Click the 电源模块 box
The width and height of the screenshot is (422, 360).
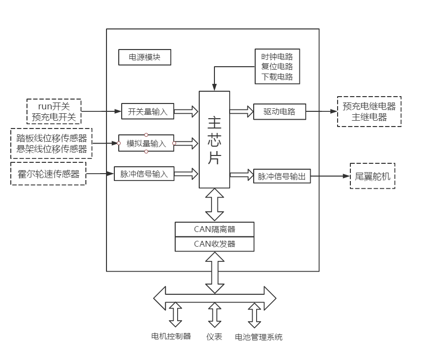point(144,57)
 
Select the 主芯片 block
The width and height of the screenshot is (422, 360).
point(214,139)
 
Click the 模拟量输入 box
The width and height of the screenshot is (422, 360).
point(146,143)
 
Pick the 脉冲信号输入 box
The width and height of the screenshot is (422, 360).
point(144,174)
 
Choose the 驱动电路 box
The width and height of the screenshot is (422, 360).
point(280,111)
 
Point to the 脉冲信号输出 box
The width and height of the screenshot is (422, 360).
point(282,177)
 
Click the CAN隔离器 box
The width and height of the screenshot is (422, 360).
point(214,229)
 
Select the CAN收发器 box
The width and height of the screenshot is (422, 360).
point(214,244)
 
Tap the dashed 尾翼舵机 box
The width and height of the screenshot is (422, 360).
point(372,176)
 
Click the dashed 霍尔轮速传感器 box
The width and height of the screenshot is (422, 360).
point(48,173)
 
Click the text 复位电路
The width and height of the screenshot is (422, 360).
point(277,66)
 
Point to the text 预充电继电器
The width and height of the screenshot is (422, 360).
point(369,106)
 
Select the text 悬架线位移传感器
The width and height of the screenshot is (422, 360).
point(52,149)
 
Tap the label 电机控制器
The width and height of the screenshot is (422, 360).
point(171,336)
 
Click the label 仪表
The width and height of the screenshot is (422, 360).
point(214,336)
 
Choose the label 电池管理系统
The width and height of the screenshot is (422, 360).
point(259,337)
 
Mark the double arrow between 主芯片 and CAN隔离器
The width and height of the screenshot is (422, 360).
point(214,205)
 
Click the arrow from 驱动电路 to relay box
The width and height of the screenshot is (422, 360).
point(321,111)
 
